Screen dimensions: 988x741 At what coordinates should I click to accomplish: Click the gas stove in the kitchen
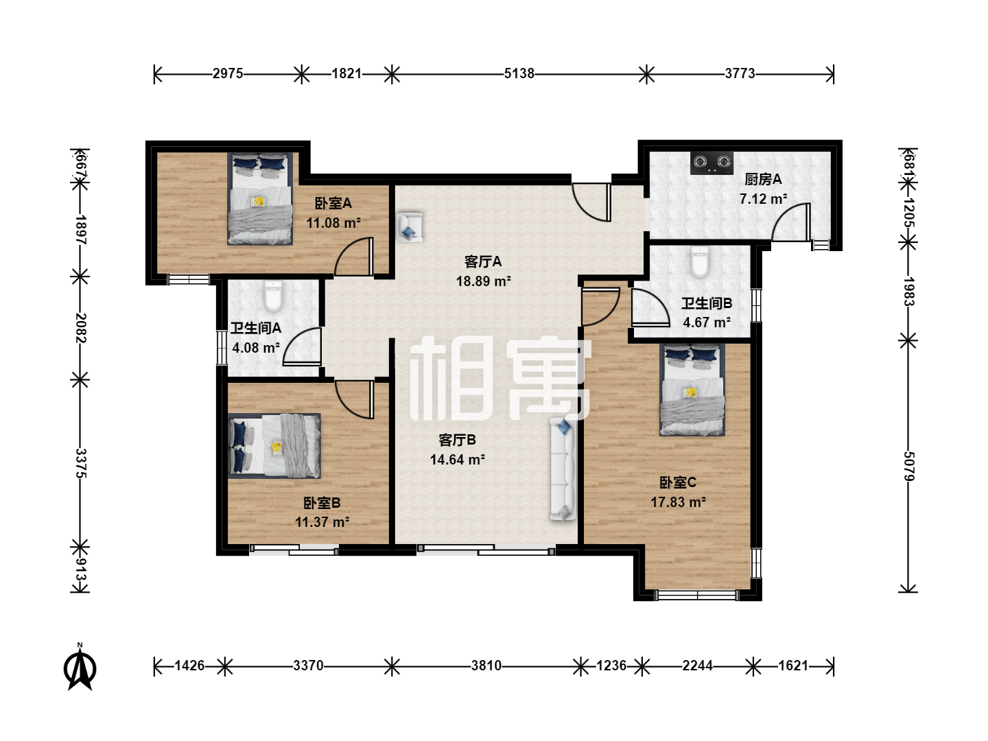711,163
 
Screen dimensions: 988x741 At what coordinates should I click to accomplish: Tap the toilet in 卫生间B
700,261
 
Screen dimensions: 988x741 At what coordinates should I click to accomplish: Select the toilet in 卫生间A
273,296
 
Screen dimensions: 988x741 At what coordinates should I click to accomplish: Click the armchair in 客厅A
410,227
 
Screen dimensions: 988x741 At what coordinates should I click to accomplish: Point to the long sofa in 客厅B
563,469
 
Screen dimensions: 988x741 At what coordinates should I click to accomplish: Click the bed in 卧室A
260,198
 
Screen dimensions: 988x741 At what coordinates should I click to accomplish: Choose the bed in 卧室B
274,445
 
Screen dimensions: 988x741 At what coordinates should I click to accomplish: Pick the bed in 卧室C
692,390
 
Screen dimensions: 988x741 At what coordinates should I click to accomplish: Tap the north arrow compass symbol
80,667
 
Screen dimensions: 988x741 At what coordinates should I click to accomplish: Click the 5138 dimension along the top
519,73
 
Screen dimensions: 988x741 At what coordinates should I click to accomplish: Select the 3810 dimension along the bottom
486,666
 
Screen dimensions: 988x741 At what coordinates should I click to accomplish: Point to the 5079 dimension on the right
908,466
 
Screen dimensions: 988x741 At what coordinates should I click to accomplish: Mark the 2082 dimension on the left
80,328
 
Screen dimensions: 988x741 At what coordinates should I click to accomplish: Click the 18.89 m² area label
484,281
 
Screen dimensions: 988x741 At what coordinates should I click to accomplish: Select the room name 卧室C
678,483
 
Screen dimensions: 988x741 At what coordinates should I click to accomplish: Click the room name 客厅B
458,440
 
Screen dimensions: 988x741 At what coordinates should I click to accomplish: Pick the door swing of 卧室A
354,257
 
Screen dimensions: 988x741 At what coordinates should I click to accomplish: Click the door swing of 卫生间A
302,346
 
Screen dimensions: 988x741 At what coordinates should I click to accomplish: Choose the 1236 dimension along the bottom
611,666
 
